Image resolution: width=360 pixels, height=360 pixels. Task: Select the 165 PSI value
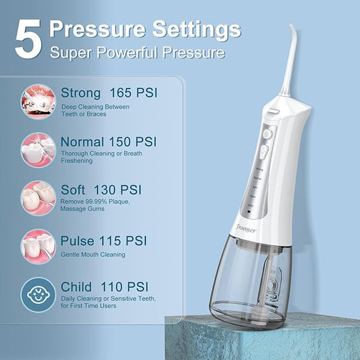point(136,92)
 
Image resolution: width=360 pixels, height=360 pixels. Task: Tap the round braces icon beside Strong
point(38,101)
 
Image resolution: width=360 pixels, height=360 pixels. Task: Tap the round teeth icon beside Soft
point(38,197)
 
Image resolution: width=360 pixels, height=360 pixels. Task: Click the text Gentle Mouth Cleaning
point(93,255)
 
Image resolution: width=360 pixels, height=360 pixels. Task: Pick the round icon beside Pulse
point(38,245)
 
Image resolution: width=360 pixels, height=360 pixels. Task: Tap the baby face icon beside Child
point(38,295)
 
